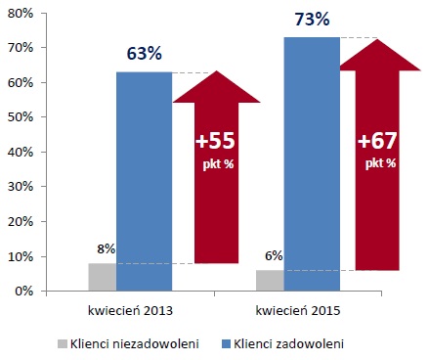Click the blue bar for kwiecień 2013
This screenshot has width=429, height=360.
(144, 181)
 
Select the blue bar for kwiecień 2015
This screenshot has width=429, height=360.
(311, 163)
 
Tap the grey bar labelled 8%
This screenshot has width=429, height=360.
(103, 277)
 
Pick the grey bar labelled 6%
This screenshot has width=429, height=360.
(270, 281)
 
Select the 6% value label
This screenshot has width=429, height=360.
(274, 256)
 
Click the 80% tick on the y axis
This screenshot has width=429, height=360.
(21, 13)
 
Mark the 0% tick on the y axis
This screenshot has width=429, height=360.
(23, 291)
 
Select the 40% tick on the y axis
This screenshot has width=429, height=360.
(21, 152)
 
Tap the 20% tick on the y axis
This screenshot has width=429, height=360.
(21, 221)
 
